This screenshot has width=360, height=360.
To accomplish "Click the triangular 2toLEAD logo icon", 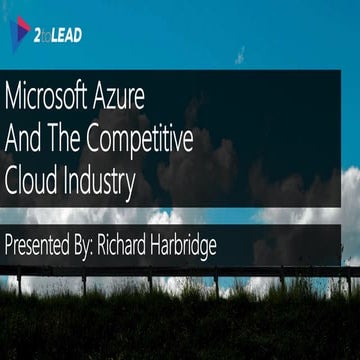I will (x=21, y=34).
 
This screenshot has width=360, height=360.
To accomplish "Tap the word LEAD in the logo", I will (x=67, y=36).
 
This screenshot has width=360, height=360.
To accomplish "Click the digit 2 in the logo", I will (x=40, y=36).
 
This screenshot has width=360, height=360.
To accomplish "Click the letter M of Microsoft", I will (x=13, y=99).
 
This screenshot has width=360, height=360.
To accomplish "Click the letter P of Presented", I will (x=8, y=245).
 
